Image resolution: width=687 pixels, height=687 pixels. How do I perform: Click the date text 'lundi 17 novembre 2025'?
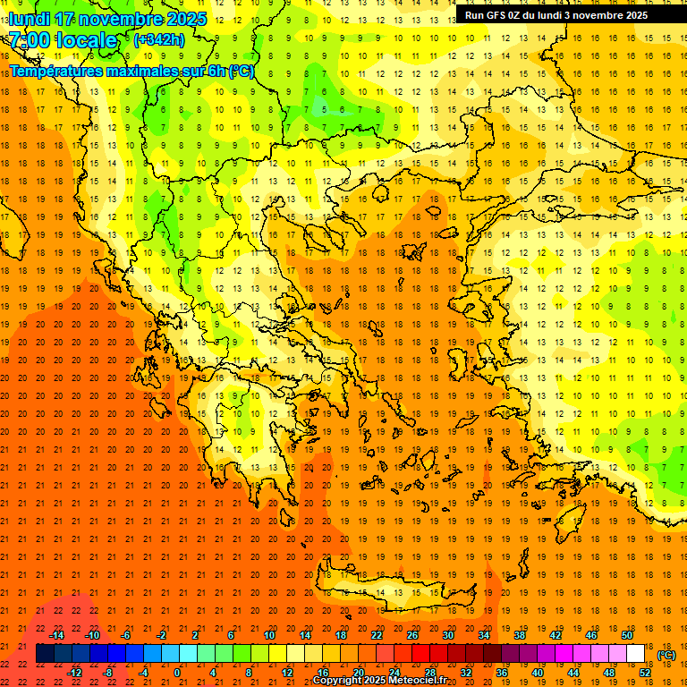pos(108,18)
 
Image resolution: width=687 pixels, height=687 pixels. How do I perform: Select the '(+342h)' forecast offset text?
pos(160,40)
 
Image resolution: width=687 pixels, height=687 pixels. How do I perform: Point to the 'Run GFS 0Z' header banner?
pos(556,15)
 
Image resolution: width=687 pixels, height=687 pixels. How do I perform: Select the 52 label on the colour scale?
pos(645,673)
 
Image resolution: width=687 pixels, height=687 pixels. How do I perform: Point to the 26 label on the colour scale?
pos(412,635)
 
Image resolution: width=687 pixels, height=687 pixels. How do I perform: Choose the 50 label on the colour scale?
pos(627,635)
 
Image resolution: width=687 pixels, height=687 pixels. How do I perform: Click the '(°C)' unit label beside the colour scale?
pos(666,655)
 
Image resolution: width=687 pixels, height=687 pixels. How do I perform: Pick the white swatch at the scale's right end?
pos(636,654)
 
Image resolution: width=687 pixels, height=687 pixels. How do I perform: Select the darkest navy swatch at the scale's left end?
pos(45,654)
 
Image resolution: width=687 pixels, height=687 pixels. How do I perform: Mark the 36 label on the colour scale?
pos(502,673)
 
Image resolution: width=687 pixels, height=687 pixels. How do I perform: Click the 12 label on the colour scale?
pos(287,673)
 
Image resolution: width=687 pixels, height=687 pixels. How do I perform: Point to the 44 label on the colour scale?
pos(573,673)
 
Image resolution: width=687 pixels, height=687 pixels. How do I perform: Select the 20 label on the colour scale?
pos(359,673)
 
